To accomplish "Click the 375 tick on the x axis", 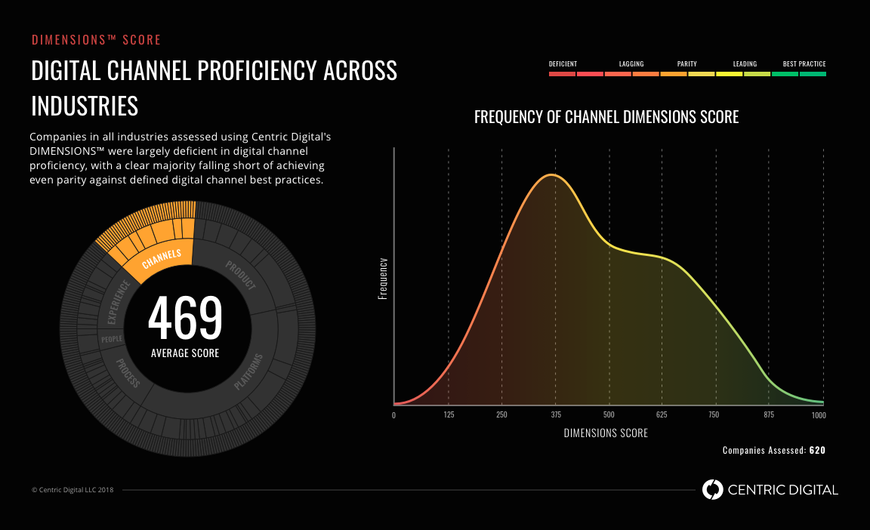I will coord(556,415).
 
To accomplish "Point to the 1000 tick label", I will coord(818,415).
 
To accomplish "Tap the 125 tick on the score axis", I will coord(449,415).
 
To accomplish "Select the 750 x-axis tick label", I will coord(714,415).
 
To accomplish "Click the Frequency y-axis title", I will coord(382,279).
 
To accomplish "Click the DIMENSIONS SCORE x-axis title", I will coord(606,433).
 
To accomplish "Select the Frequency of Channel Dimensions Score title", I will coord(606,117).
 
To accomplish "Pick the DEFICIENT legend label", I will coord(563,64).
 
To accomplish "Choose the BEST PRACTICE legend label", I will coord(804,64).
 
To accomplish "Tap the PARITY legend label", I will coord(686,64).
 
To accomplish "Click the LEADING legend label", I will coord(745,64).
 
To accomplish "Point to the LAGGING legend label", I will coord(631,64).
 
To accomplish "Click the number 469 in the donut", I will coord(185,318).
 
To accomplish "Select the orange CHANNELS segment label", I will coord(162,259).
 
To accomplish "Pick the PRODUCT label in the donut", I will coord(240,275).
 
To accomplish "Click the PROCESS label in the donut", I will coord(128,373).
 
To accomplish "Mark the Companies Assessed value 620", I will coord(817,451).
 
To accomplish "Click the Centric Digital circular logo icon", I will coord(712,490).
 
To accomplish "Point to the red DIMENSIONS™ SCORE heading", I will coord(96,40).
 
